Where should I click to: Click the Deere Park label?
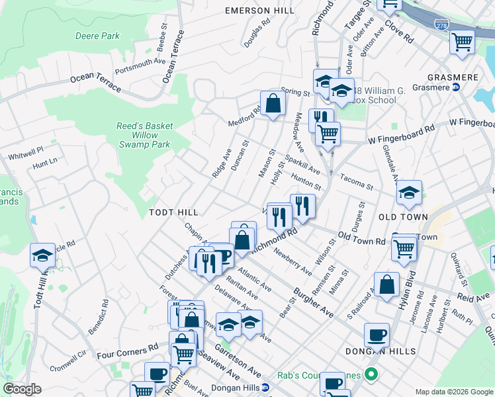[97, 36]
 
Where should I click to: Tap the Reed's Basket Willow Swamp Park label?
[144, 135]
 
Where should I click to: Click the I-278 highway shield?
[441, 24]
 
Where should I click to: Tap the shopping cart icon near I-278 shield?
[462, 42]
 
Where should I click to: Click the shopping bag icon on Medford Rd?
[273, 103]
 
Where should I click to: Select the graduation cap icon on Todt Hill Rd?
[42, 255]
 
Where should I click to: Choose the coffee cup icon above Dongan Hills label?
[377, 335]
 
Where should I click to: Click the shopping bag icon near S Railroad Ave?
[386, 285]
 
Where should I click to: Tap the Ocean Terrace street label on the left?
[95, 82]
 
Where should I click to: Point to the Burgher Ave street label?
[313, 301]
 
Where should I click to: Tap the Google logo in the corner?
[22, 389]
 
